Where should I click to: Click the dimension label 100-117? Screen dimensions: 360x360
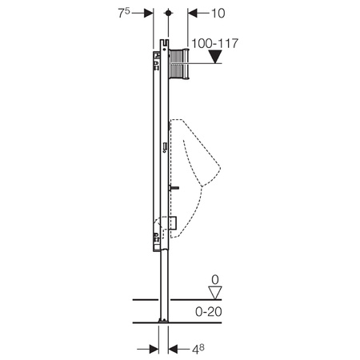[214, 43]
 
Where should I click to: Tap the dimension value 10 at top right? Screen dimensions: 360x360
[218, 13]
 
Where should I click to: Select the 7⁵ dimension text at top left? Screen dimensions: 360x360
[124, 13]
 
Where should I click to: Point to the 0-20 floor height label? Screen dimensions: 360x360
[209, 311]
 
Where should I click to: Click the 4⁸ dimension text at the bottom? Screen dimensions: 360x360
[198, 350]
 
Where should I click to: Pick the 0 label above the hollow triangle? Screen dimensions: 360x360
[215, 280]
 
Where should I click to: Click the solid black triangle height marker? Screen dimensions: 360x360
[215, 57]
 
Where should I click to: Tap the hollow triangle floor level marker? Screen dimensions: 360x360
[215, 293]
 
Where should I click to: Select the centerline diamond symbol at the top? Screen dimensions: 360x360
[168, 13]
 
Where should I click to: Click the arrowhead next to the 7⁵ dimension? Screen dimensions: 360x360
[149, 13]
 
